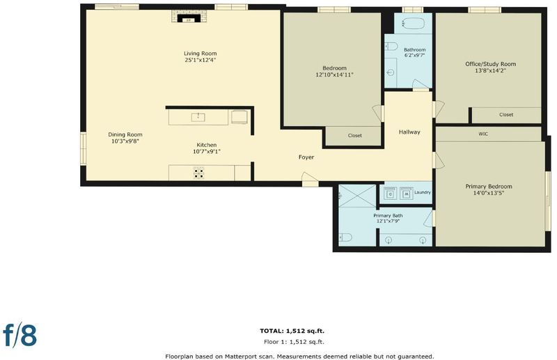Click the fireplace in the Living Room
tap(189, 17)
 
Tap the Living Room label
tap(200, 54)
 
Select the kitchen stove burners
tap(198, 173)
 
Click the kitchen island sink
tap(198, 117)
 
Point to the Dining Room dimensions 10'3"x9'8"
tap(125, 141)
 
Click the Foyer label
tap(306, 157)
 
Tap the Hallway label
tap(409, 132)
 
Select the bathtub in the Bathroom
tap(413, 24)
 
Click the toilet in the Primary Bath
tap(345, 237)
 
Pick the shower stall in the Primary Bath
tap(357, 196)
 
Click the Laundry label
tap(423, 192)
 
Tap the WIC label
tap(483, 134)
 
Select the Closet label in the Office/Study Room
tap(506, 114)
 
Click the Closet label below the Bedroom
tap(355, 135)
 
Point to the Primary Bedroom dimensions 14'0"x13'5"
tap(489, 193)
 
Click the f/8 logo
tap(20, 334)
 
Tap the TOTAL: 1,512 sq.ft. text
tap(292, 331)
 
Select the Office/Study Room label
tap(491, 64)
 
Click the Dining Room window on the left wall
tap(83, 148)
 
